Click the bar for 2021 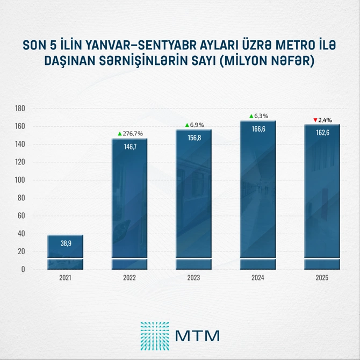(64, 253)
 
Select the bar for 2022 (129, 204)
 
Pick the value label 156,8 (193, 137)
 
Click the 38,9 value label (64, 243)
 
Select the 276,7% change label (132, 133)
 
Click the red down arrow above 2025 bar (315, 119)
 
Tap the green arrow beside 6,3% (251, 116)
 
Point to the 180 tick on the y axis (20, 109)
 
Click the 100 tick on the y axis (20, 180)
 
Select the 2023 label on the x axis (193, 278)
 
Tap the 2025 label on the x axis (322, 278)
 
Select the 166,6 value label (258, 129)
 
